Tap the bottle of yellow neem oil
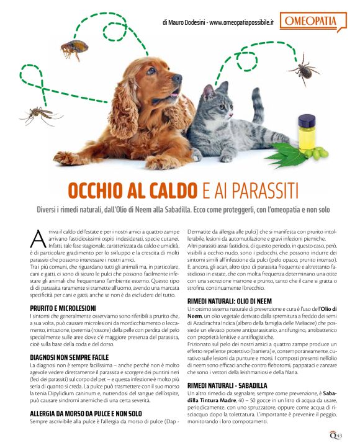(x=306, y=131)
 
